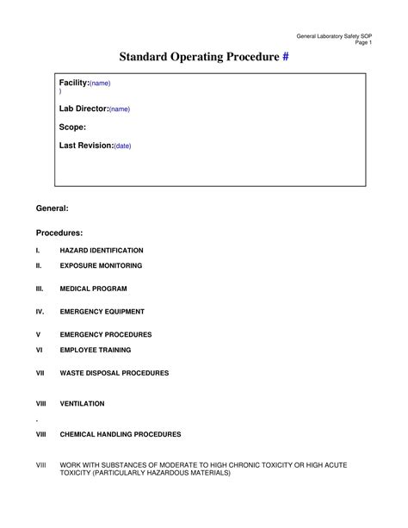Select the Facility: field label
click(74, 83)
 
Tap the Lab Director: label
click(83, 109)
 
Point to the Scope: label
click(72, 127)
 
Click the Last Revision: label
click(86, 146)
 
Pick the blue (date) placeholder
click(122, 146)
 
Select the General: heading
click(52, 209)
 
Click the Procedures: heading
click(59, 233)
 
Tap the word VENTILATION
click(82, 403)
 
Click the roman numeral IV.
click(40, 312)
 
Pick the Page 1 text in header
click(364, 41)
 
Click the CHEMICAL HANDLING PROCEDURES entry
click(120, 434)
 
